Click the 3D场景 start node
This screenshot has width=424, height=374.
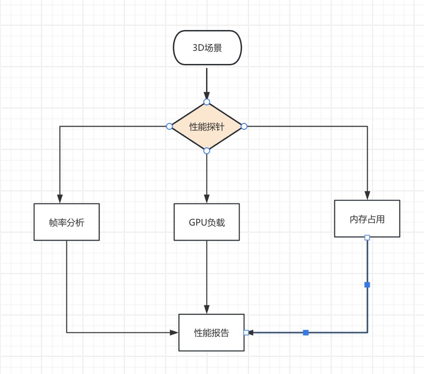point(207,47)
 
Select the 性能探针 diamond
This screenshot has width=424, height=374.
point(206,126)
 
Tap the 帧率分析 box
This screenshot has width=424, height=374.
point(67,222)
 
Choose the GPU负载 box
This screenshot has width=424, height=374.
point(206,222)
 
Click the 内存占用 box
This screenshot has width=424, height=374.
point(367,219)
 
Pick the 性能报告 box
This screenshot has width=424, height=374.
point(211,333)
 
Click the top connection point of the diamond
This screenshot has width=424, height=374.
point(206,102)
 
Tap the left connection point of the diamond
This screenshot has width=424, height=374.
point(169,126)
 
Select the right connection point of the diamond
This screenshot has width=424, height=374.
point(244,126)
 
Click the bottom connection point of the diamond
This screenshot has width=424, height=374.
point(206,151)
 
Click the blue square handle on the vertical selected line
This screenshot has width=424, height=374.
point(367,285)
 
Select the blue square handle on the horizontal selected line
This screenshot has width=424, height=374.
point(306,333)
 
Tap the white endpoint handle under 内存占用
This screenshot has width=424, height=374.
point(367,237)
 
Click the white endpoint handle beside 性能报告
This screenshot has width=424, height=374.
point(246,333)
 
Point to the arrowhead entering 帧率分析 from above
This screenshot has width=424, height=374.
point(60,199)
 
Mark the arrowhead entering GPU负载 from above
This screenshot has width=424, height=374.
point(206,199)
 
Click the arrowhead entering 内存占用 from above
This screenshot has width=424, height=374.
point(367,195)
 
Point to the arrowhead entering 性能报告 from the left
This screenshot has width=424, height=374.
point(174,333)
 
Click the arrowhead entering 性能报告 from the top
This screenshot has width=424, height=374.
point(206,310)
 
